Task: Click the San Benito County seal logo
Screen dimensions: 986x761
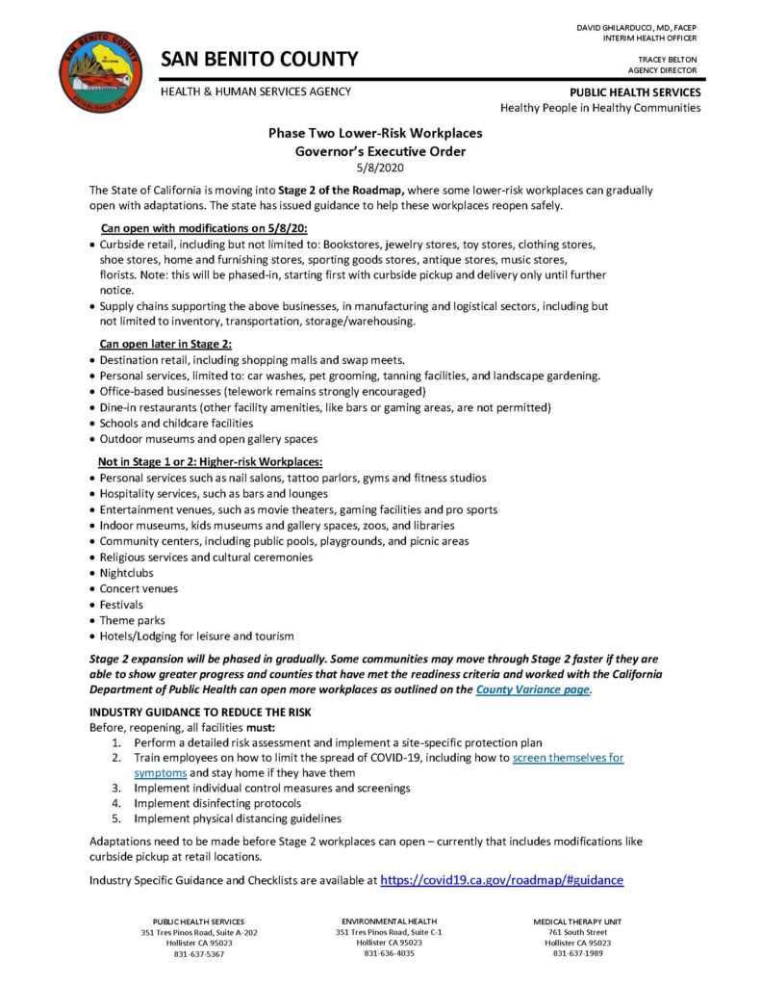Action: point(94,71)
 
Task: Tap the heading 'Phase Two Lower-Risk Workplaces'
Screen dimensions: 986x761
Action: point(375,134)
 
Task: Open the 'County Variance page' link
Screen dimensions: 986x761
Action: point(533,689)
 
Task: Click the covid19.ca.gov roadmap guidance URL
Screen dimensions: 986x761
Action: point(502,879)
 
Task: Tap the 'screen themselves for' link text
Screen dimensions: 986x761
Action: point(568,758)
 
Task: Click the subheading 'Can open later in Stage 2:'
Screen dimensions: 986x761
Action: point(165,344)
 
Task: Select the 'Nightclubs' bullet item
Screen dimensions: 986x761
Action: point(126,573)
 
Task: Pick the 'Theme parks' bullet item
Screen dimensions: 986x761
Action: point(132,620)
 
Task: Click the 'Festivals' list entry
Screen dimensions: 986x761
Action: point(122,605)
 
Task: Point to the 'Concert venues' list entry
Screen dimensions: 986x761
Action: point(139,588)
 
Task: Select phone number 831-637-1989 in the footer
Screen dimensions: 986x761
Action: point(577,954)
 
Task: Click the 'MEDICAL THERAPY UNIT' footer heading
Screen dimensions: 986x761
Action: point(577,921)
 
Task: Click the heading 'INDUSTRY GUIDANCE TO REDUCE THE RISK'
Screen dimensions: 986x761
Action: point(199,712)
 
